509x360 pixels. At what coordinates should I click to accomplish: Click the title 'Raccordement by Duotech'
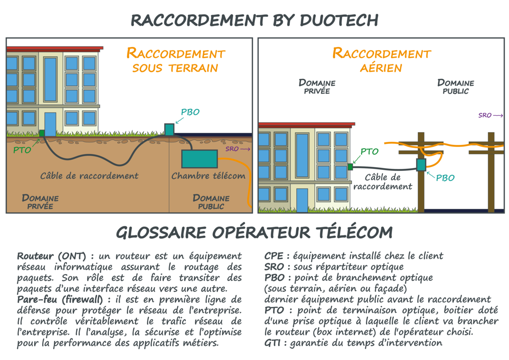(254, 20)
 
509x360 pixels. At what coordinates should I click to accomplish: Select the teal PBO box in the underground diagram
(169, 130)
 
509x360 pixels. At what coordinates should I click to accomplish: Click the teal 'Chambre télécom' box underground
(200, 159)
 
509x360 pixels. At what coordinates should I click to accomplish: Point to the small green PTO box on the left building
(42, 133)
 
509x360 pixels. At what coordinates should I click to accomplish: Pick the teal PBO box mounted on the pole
(421, 165)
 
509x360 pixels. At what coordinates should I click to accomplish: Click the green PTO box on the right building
(350, 167)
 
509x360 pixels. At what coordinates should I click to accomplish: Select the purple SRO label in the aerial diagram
(485, 116)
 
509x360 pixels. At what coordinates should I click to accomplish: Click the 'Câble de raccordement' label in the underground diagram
(89, 176)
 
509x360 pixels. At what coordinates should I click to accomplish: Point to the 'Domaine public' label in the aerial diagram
(456, 87)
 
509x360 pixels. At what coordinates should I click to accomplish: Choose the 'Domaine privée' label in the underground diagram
(40, 201)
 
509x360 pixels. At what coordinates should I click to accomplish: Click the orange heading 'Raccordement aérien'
(381, 60)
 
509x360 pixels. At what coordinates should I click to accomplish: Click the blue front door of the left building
(50, 124)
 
